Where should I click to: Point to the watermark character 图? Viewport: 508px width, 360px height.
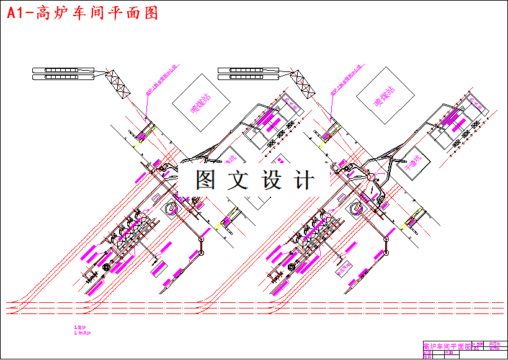pyautogui.click(x=206, y=181)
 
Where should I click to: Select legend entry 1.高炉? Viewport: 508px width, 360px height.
pyautogui.click(x=80, y=326)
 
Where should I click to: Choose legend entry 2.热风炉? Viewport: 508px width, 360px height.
pyautogui.click(x=82, y=333)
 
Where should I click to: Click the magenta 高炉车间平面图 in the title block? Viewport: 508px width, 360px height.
pyautogui.click(x=446, y=345)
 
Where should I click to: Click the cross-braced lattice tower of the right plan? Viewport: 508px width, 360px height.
pyautogui.click(x=304, y=84)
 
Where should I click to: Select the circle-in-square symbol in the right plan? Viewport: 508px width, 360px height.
pyautogui.click(x=356, y=209)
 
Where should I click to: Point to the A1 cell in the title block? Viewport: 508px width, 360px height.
pyautogui.click(x=476, y=349)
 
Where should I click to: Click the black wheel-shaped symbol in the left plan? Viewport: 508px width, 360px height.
pyautogui.click(x=106, y=267)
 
